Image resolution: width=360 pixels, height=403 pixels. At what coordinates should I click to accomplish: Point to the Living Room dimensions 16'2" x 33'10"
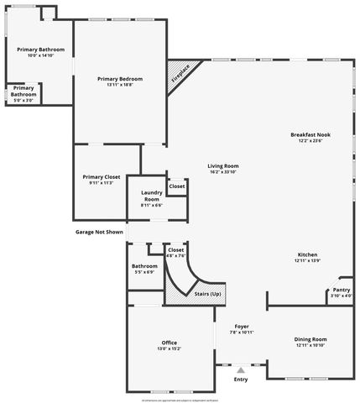pos(223,172)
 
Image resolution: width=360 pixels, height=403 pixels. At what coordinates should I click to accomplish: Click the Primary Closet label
pos(102,176)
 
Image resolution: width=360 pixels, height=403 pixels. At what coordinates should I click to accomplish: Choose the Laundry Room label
pos(152,195)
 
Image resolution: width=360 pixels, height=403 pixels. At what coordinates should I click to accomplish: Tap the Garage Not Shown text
pos(99,232)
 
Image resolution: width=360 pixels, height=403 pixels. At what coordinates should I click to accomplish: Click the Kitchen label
pos(308,254)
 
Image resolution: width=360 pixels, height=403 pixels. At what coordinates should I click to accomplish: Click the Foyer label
pos(242,326)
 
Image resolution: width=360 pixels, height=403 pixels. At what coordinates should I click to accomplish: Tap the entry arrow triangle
pos(241,369)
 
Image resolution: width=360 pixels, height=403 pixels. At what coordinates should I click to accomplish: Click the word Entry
pos(241,379)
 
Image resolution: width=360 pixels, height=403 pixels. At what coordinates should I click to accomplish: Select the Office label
pos(169,343)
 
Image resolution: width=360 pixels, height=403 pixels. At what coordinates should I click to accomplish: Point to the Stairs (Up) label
pos(207,294)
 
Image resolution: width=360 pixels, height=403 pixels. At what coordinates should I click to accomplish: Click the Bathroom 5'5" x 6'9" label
pos(143,266)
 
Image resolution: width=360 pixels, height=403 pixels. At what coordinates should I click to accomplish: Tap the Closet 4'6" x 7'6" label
pos(175,249)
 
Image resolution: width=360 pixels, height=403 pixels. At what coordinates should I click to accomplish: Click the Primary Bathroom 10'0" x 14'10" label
pos(39,50)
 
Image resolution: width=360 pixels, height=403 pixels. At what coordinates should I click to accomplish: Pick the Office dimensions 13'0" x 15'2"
pos(169,349)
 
